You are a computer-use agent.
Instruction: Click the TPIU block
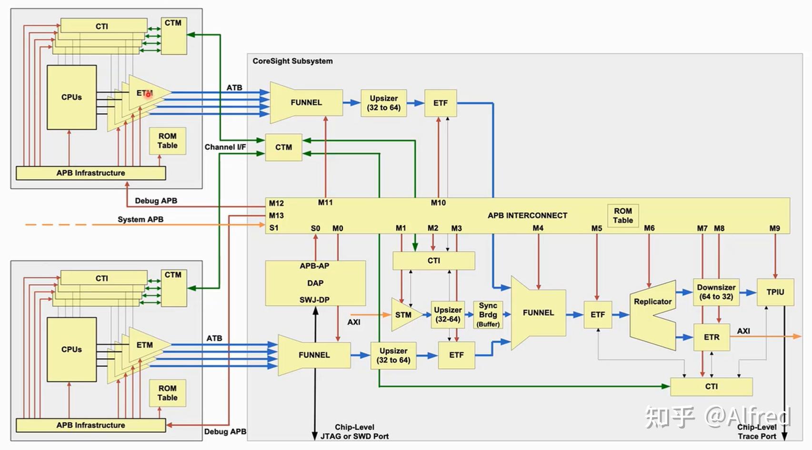coord(775,292)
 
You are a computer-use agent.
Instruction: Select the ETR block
coord(712,337)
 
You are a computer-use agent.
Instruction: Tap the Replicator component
coord(652,314)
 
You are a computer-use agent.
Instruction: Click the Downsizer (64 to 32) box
coord(716,292)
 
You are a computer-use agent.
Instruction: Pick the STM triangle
coord(404,315)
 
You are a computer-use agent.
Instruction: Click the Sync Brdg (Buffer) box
coord(488,314)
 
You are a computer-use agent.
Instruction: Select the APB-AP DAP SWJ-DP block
coord(315,283)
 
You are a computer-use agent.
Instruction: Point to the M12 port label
coord(276,203)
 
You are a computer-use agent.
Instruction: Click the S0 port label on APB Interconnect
coord(315,229)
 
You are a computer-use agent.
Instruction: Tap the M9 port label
coord(775,229)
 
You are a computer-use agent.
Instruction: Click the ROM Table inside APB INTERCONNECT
coord(622,216)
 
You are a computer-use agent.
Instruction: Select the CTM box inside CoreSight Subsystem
coord(283,147)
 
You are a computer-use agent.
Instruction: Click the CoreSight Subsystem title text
coord(292,61)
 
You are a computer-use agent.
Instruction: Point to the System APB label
coord(140,220)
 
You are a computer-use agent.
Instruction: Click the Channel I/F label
coord(225,147)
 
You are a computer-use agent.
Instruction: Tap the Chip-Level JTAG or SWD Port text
coord(354,431)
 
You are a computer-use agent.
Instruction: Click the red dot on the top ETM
coord(148,95)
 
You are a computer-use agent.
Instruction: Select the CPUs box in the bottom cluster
coord(71,349)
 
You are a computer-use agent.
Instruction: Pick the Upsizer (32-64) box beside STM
coord(448,314)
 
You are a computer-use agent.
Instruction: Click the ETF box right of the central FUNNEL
coord(598,314)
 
